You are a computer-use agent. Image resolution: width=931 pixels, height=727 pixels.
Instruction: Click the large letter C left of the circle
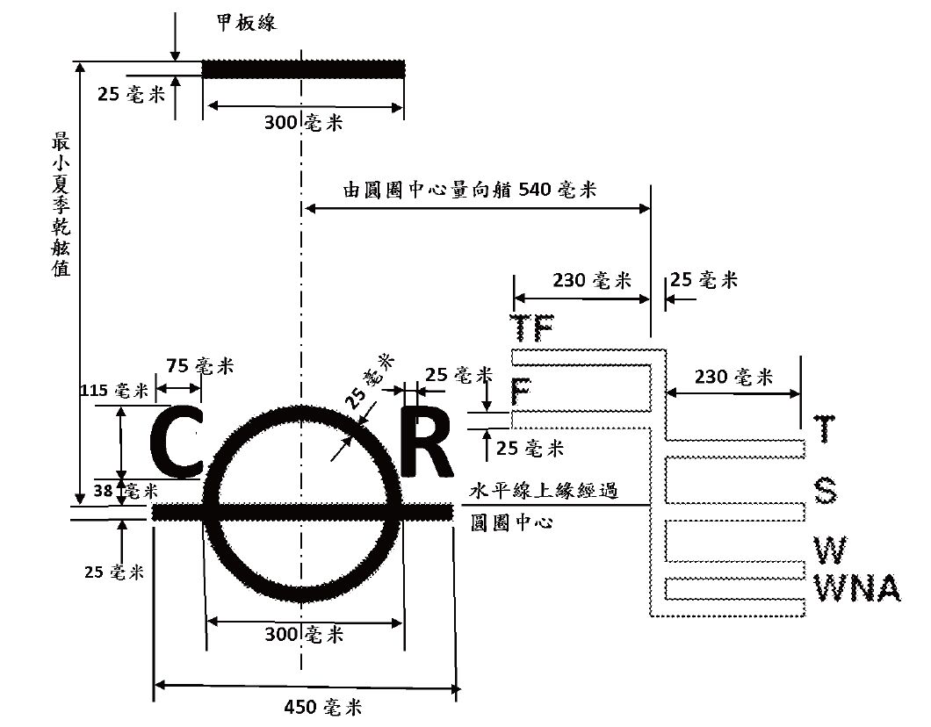point(178,440)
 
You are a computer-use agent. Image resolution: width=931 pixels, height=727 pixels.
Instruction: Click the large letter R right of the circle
point(427,440)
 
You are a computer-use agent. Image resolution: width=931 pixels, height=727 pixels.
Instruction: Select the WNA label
point(858,589)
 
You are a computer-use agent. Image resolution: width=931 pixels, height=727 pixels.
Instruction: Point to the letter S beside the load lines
point(826,492)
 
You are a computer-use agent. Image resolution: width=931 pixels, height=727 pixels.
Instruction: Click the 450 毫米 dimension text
point(324,707)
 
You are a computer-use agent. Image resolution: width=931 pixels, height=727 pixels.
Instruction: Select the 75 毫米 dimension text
point(199,366)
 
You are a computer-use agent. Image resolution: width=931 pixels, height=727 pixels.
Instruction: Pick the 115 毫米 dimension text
point(112,391)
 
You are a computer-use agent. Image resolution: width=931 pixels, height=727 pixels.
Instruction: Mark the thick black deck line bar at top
point(303,68)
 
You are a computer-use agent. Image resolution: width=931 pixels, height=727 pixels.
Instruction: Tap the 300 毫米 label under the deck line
point(303,123)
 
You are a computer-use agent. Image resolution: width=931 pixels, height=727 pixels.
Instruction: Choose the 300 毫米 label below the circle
point(303,634)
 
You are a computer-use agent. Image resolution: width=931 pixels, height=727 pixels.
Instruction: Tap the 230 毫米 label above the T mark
point(733,377)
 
